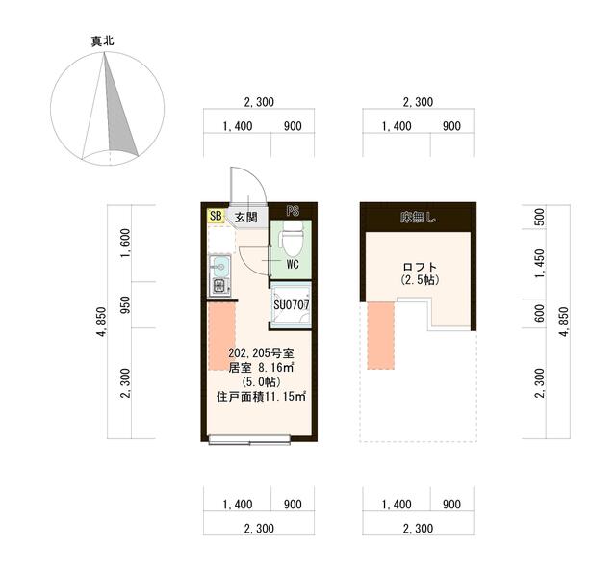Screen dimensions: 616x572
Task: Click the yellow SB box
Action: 216,216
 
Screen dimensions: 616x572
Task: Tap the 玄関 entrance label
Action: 246,217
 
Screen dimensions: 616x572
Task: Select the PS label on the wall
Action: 293,212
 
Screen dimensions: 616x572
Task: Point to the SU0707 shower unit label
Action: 292,305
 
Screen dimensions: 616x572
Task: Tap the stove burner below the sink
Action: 220,286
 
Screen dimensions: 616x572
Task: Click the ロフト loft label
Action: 420,267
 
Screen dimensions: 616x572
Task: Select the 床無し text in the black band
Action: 418,218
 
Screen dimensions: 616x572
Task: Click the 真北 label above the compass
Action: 103,40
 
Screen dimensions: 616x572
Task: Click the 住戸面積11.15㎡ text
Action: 261,397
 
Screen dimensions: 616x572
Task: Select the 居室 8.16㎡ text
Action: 261,368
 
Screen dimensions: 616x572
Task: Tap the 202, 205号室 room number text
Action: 261,353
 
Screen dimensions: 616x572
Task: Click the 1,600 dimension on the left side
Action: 125,244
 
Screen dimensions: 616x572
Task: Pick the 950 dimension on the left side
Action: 125,305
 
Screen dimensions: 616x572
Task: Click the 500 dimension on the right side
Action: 540,217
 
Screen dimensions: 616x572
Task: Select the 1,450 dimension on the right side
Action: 540,264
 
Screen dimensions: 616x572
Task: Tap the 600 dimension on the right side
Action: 540,313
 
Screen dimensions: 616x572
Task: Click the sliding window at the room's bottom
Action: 249,439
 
